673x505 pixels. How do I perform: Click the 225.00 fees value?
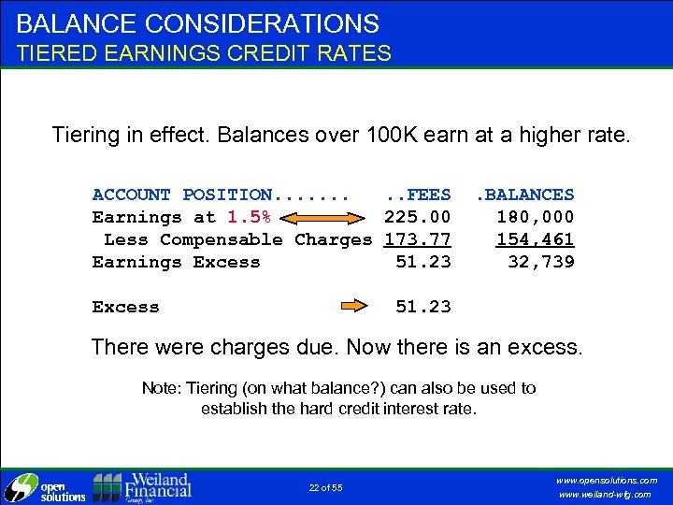point(418,217)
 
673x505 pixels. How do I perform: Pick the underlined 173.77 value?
point(418,239)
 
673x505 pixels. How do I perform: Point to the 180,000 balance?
point(536,217)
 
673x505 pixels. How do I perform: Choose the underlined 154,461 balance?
point(536,239)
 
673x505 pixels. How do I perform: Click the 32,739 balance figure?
point(541,262)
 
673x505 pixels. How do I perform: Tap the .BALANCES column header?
point(525,195)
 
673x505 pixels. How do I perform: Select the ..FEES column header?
point(418,195)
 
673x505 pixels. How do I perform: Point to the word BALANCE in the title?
point(76,23)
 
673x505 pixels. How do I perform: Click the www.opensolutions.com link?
point(606,480)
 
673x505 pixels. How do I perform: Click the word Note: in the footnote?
point(162,387)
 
